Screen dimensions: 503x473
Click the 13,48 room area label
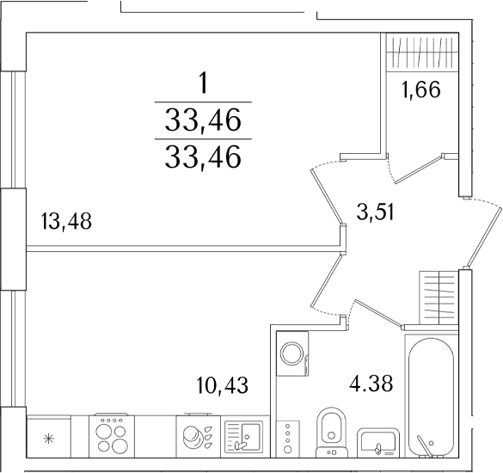click(66, 221)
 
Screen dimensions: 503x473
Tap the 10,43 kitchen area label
click(223, 384)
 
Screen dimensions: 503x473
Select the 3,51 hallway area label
click(375, 212)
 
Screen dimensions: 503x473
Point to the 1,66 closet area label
click(420, 89)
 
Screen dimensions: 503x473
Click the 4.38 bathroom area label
click(371, 384)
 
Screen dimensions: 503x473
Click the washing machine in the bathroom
click(292, 353)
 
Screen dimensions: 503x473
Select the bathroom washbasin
click(378, 442)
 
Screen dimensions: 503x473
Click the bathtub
click(431, 396)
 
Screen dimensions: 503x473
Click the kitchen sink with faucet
click(244, 436)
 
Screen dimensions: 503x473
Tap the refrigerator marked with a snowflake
click(49, 436)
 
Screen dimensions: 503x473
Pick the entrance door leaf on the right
click(484, 237)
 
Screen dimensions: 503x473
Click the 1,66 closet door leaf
click(419, 169)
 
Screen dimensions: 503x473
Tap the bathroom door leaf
click(378, 314)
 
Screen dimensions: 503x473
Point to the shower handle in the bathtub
click(425, 445)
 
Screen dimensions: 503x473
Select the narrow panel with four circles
click(288, 439)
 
